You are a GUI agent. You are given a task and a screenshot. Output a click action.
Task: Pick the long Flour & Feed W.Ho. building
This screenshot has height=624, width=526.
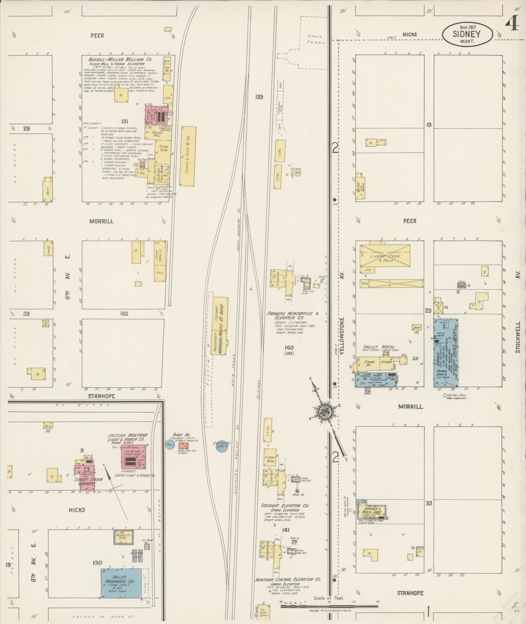[x=188, y=156]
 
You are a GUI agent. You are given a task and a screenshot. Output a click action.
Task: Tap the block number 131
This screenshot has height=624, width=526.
[x=125, y=121]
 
